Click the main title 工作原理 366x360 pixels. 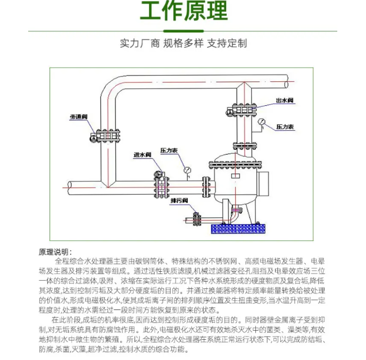coord(183,12)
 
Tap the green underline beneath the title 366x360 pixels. coord(183,30)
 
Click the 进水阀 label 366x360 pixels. coord(142,155)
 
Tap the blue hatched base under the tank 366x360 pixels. coord(238,228)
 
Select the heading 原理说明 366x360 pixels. coord(55,252)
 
